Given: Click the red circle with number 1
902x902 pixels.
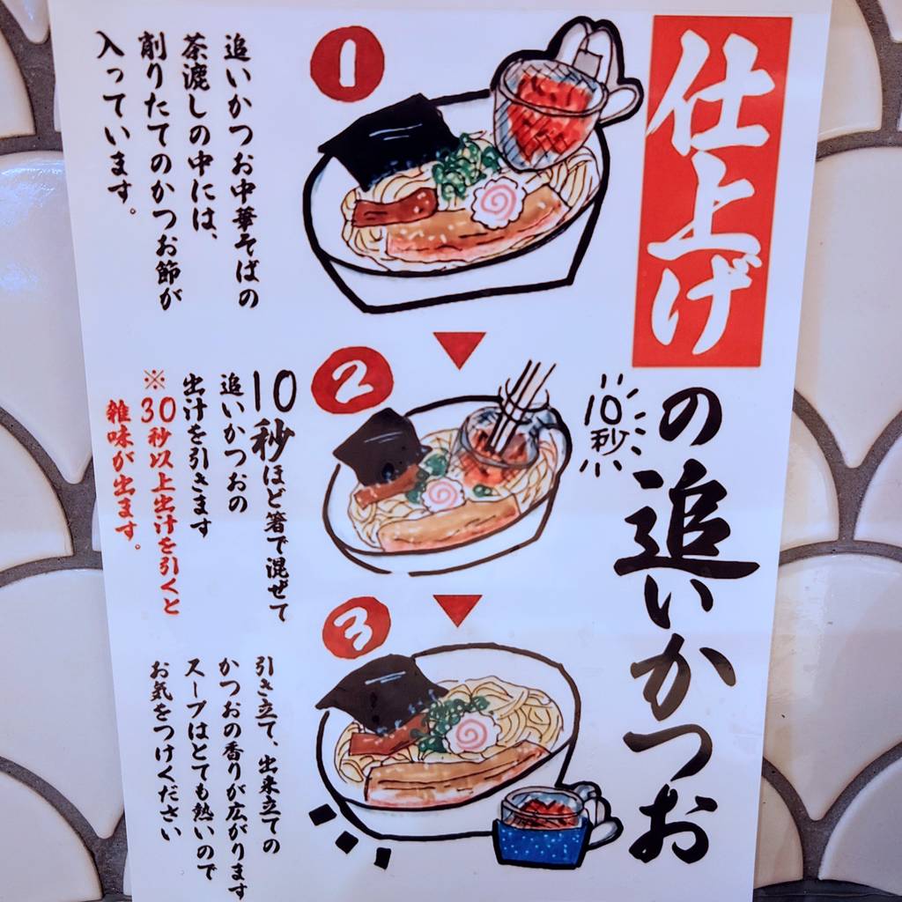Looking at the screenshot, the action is click(x=347, y=63).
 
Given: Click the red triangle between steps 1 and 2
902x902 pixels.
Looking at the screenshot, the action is click(x=460, y=348).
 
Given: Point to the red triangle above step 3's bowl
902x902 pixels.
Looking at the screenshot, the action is click(x=458, y=609).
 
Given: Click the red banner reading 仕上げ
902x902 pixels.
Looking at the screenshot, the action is click(x=712, y=191).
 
